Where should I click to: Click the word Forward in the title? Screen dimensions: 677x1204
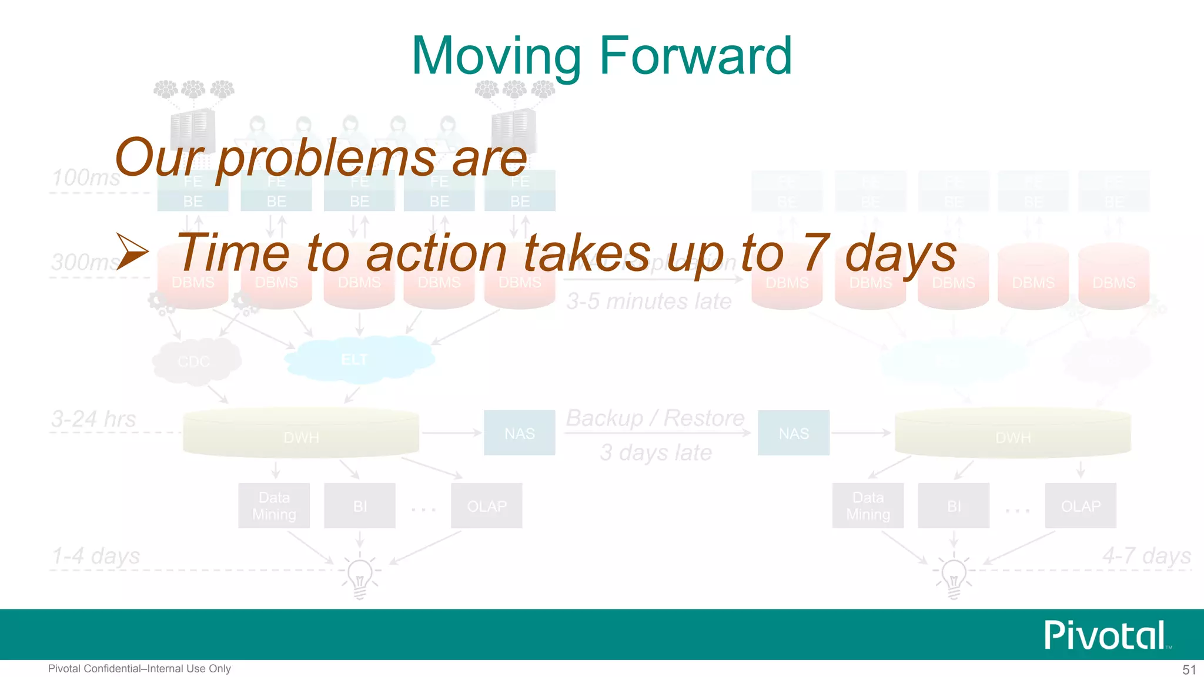(695, 56)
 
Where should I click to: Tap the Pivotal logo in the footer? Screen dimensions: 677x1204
(1105, 635)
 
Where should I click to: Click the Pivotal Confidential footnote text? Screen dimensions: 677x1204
(139, 669)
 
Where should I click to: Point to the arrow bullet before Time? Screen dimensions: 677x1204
(132, 252)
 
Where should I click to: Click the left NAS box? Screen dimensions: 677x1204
(519, 433)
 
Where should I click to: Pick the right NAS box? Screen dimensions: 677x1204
(793, 433)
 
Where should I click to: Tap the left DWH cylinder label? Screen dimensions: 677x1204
(301, 437)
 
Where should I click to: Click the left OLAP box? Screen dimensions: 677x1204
(486, 506)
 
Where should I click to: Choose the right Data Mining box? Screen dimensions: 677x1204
(868, 506)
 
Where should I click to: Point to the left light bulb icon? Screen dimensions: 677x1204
(360, 576)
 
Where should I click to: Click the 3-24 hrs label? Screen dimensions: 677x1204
(94, 419)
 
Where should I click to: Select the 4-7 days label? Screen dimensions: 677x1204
(1146, 555)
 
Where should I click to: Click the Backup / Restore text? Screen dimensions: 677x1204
(655, 418)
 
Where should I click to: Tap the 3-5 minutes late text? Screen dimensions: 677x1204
(649, 301)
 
